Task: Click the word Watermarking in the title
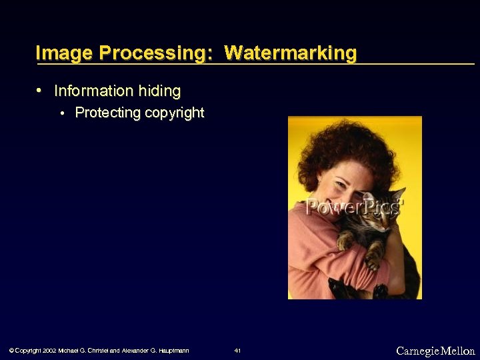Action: click(291, 53)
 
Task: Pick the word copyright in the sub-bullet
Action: click(174, 113)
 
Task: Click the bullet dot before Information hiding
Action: click(40, 89)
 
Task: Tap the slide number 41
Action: click(238, 351)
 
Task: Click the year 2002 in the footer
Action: click(49, 351)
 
